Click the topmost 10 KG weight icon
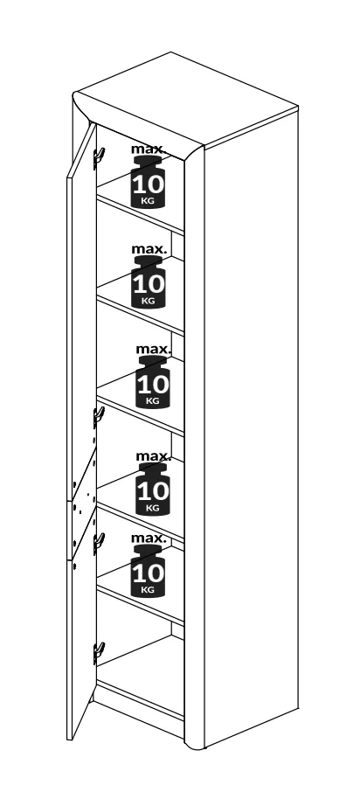pyautogui.click(x=148, y=182)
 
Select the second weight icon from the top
pyautogui.click(x=148, y=281)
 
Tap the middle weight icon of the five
pyautogui.click(x=153, y=382)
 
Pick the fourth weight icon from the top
pyautogui.click(x=153, y=490)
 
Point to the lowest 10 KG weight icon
pyautogui.click(x=148, y=571)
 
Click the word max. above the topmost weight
pyautogui.click(x=149, y=149)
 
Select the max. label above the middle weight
pyautogui.click(x=153, y=350)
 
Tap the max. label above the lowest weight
pyautogui.click(x=149, y=538)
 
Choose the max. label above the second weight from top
pyautogui.click(x=149, y=249)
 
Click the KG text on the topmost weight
pyautogui.click(x=148, y=201)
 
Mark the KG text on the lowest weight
pyautogui.click(x=148, y=590)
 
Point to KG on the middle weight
pyautogui.click(x=153, y=401)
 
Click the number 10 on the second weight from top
pyautogui.click(x=149, y=284)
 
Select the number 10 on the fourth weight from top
pyautogui.click(x=153, y=491)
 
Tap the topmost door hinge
pyautogui.click(x=98, y=157)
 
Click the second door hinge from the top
pyautogui.click(x=98, y=416)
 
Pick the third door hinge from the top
pyautogui.click(x=98, y=543)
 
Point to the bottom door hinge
pyautogui.click(x=98, y=653)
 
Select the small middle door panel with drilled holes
pyautogui.click(x=84, y=504)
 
